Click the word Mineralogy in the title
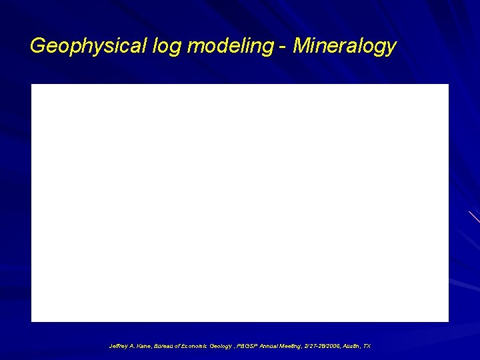(x=345, y=46)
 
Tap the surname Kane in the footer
(x=143, y=347)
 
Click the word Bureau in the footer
(x=164, y=347)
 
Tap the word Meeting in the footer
(x=290, y=347)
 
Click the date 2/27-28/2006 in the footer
(x=323, y=347)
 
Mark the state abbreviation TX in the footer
(x=367, y=347)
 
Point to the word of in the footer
(x=178, y=347)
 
